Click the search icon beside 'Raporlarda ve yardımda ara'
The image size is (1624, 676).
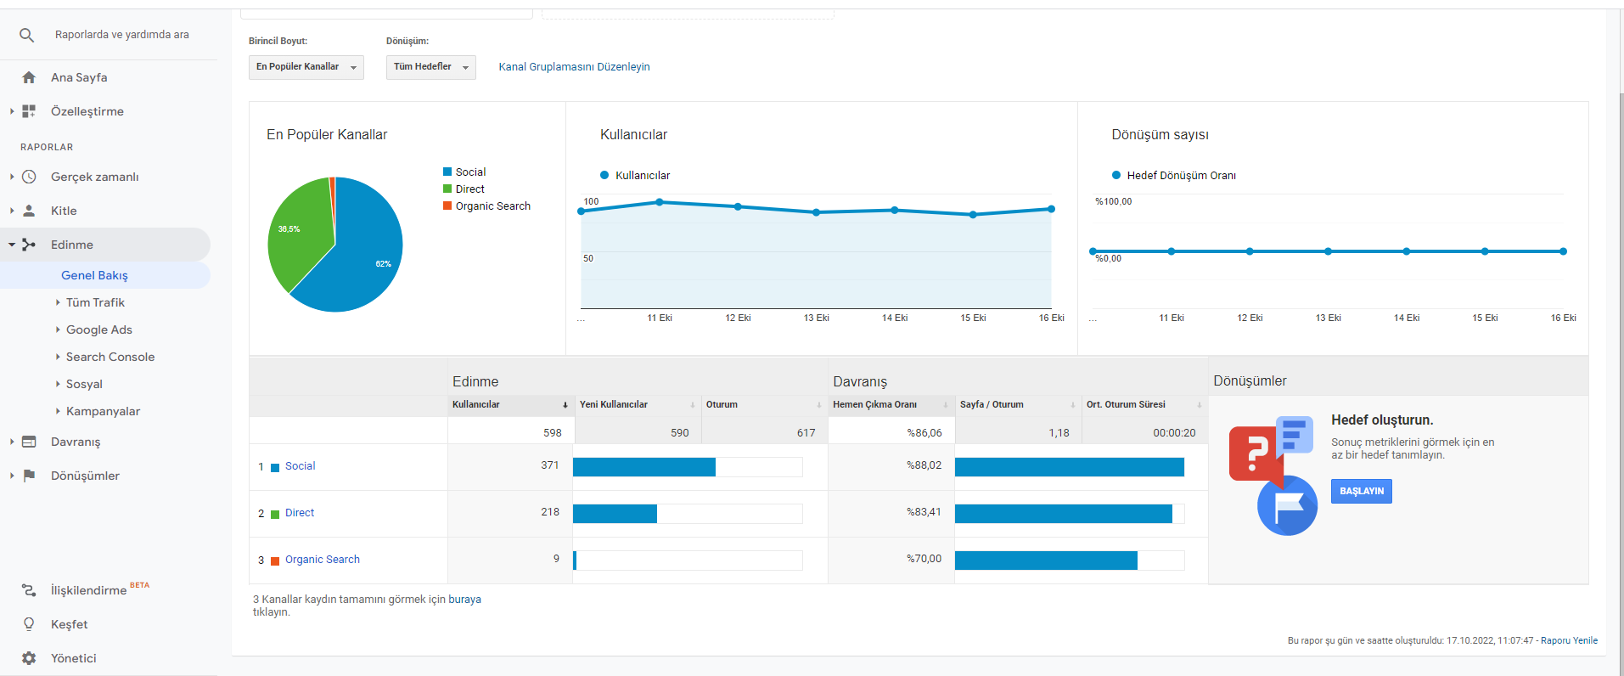(x=27, y=35)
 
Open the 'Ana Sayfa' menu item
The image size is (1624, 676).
(x=79, y=77)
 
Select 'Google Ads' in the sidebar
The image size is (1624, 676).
(x=99, y=330)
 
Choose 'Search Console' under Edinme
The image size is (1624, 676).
(x=110, y=357)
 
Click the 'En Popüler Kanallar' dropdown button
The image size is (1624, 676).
(x=306, y=67)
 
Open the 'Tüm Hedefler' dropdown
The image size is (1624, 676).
(x=431, y=67)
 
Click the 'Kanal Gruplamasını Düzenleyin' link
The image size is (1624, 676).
(x=574, y=67)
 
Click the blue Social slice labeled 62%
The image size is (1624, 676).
(x=361, y=255)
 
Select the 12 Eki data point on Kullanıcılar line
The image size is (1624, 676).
(x=738, y=206)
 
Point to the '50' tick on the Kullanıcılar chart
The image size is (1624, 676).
(x=588, y=258)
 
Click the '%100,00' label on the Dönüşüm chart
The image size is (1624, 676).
(x=1113, y=201)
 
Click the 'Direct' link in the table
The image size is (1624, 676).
(x=300, y=513)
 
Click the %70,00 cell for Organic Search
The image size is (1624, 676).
(x=924, y=559)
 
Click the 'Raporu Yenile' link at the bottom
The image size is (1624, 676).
(x=1570, y=640)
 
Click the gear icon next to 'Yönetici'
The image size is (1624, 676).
(x=29, y=658)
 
